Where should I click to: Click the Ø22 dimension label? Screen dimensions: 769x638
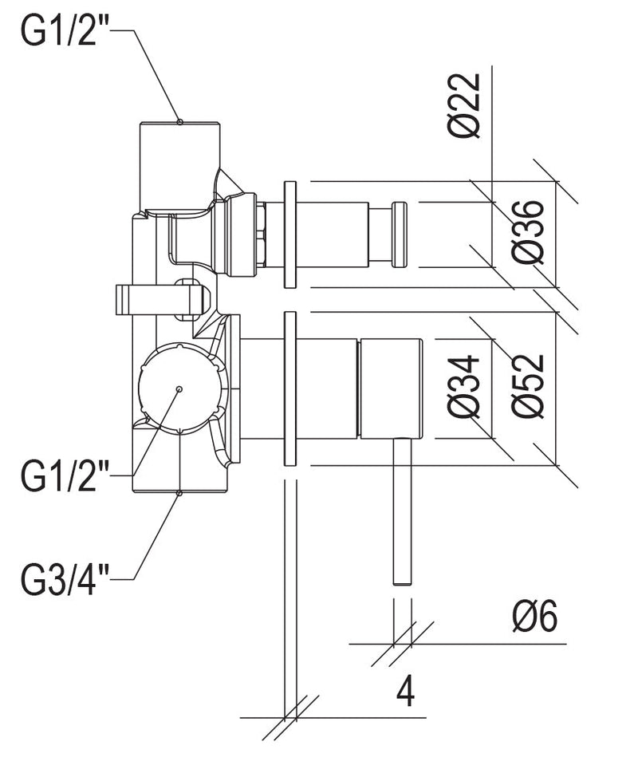tap(465, 106)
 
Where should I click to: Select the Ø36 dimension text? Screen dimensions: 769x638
tap(529, 231)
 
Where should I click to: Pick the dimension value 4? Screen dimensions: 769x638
tap(405, 691)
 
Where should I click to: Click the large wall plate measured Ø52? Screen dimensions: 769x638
tap(289, 388)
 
